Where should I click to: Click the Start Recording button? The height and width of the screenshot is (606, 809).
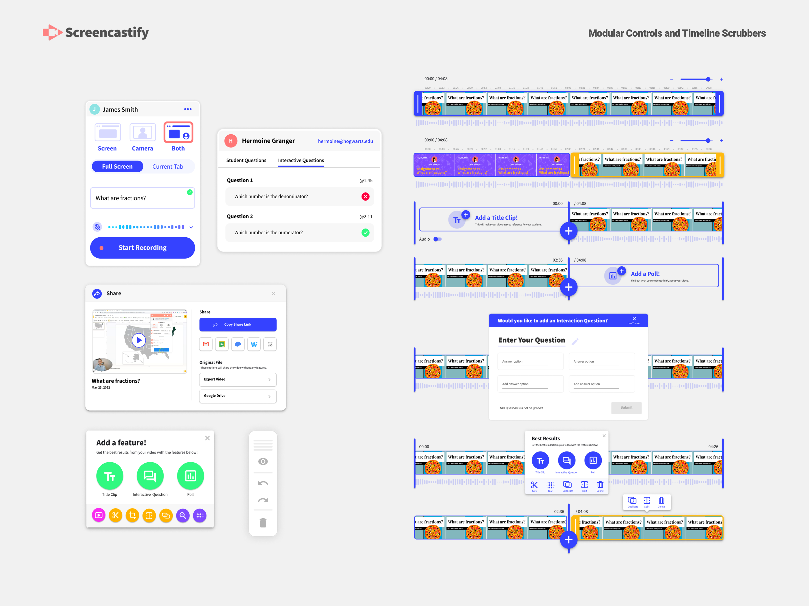point(142,248)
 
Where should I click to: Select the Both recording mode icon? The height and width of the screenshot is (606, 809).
point(178,132)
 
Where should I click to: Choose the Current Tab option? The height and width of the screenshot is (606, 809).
point(168,167)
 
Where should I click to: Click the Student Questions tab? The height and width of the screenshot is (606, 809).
point(246,160)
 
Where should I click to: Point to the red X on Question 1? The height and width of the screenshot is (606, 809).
point(365,196)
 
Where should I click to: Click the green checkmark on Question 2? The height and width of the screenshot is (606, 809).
point(365,233)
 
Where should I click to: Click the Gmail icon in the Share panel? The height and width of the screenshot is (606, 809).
point(206,344)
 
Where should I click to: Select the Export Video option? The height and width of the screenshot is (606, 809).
point(237,380)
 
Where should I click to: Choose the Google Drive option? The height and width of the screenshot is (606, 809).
point(237,396)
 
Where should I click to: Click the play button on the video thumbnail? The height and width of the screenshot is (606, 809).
point(139,340)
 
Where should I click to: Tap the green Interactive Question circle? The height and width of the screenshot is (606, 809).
point(150,476)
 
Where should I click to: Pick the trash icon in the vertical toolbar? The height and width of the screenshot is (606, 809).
point(263,523)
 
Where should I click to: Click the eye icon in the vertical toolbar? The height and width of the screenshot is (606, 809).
point(263,461)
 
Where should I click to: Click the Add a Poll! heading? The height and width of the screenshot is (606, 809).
point(645,274)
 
